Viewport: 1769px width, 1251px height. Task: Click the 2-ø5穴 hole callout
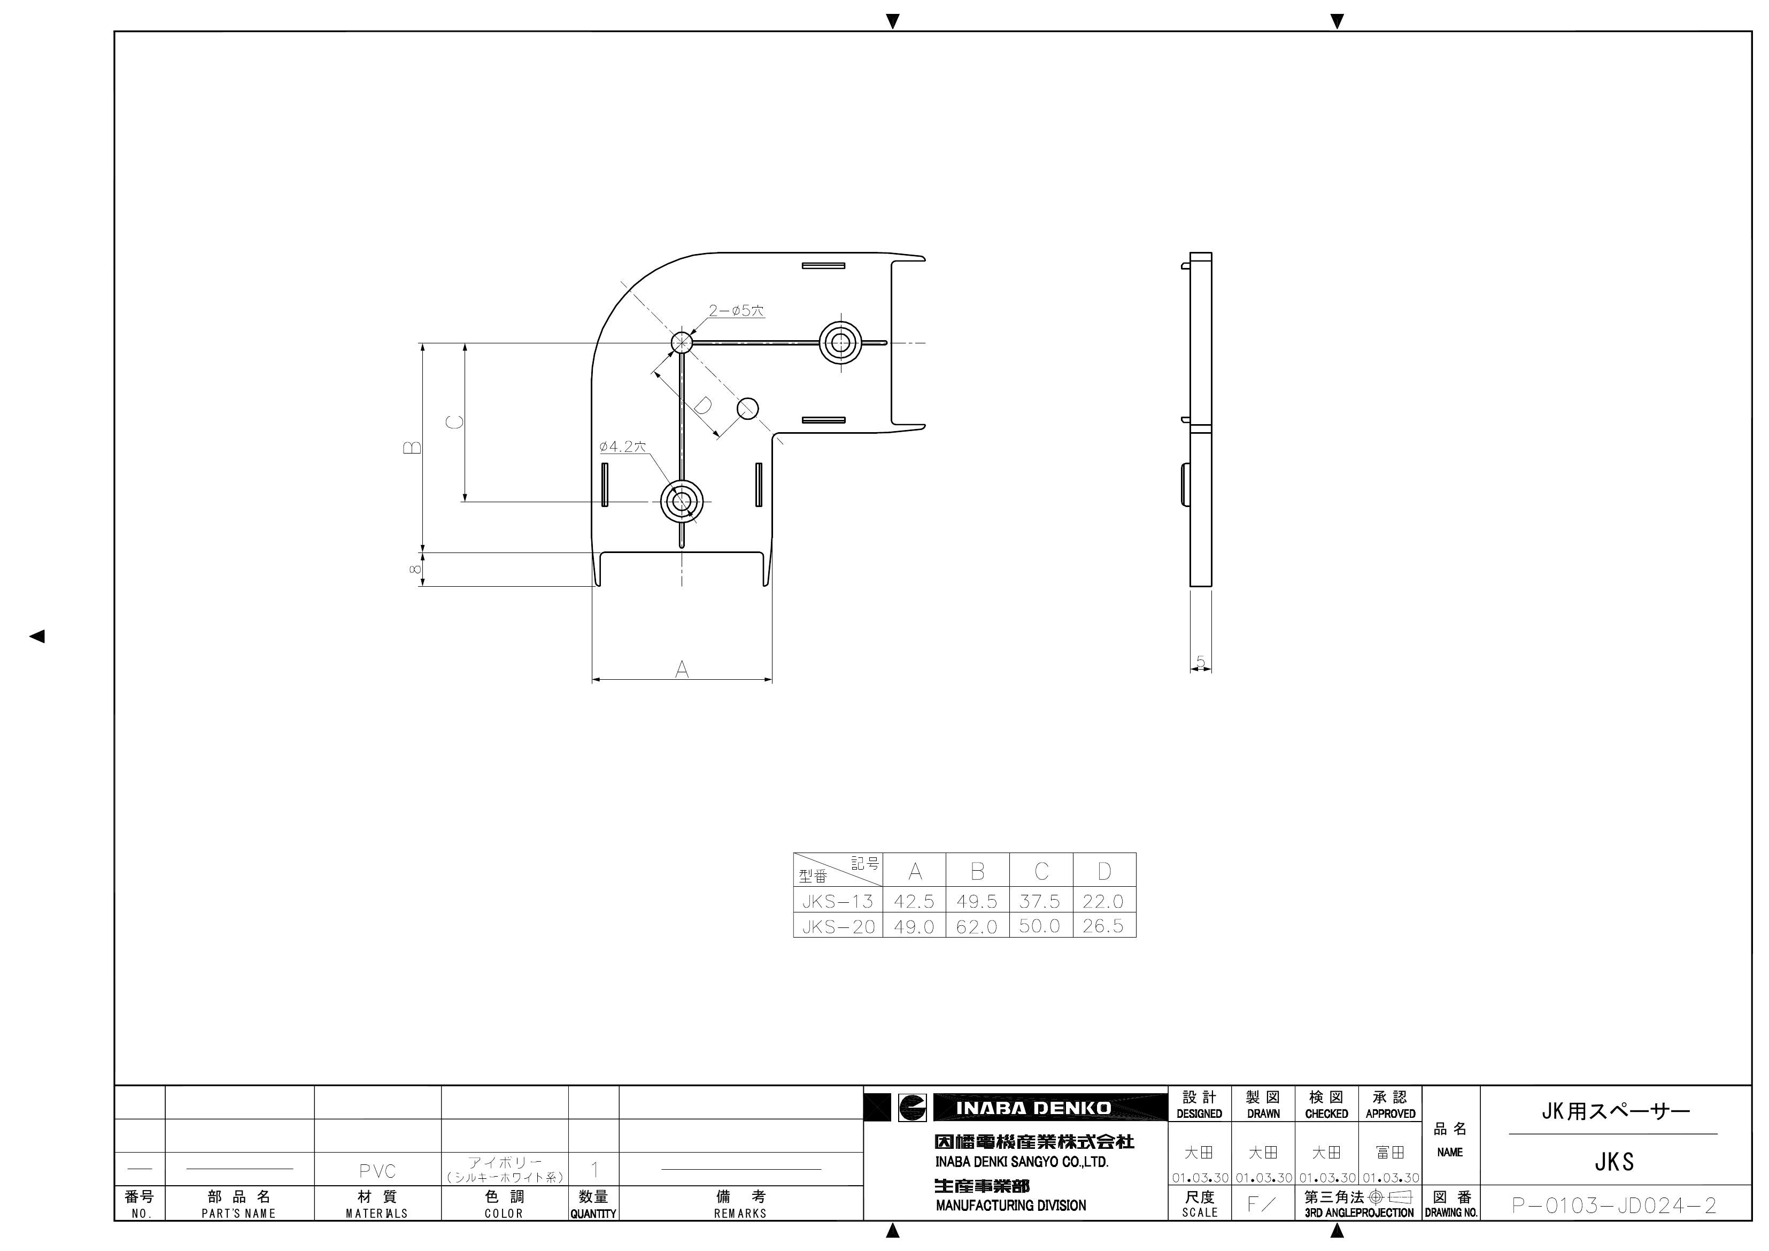(736, 311)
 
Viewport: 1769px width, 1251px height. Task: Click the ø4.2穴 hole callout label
(622, 446)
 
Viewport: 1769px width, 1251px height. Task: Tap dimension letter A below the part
(682, 670)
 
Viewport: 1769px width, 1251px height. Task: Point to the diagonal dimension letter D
(702, 405)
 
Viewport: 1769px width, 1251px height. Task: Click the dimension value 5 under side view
(1200, 662)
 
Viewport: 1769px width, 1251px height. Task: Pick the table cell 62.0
(977, 926)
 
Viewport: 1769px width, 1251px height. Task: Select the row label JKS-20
(838, 926)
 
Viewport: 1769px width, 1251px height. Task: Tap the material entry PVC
(377, 1171)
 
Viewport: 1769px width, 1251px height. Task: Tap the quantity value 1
(594, 1170)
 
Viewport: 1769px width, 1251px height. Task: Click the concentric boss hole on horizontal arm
(840, 343)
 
